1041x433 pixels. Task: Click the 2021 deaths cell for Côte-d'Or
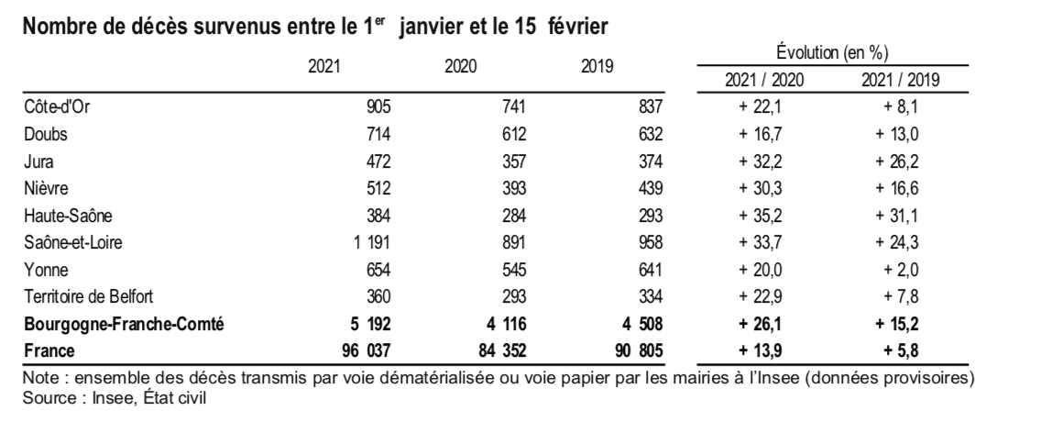(x=378, y=107)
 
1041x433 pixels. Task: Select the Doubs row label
(x=46, y=134)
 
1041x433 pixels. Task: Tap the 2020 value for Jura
(x=514, y=161)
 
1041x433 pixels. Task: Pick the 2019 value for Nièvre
(x=650, y=189)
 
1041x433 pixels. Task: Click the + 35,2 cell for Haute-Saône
(x=761, y=216)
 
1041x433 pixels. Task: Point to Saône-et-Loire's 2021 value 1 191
(x=372, y=243)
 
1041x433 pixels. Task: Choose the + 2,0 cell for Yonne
(x=901, y=270)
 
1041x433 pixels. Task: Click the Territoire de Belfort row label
(x=89, y=296)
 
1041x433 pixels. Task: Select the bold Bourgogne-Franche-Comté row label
(x=124, y=324)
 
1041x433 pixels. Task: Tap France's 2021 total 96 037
(x=367, y=350)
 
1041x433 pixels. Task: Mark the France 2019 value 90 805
(x=639, y=350)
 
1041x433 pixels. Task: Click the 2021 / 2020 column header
(x=764, y=81)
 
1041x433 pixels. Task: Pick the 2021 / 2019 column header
(x=901, y=81)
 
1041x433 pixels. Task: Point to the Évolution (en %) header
(x=832, y=52)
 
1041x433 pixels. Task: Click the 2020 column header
(x=461, y=67)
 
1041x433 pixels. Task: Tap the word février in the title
(x=578, y=27)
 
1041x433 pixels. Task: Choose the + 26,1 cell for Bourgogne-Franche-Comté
(x=761, y=324)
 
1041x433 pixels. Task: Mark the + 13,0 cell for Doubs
(x=897, y=134)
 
